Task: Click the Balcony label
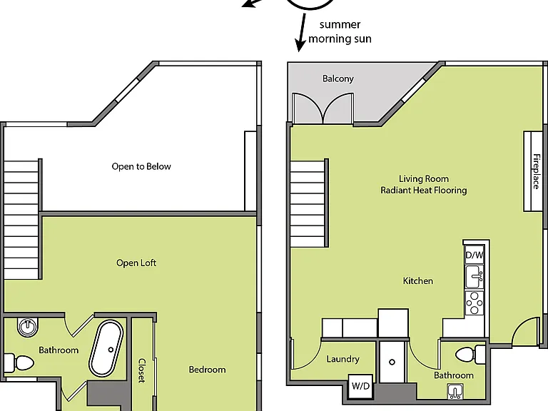tap(338, 78)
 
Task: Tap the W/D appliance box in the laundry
tap(360, 386)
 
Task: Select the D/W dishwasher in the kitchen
tap(475, 255)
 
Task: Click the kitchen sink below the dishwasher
tap(475, 277)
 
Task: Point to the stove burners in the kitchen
tap(475, 303)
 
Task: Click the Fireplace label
tap(536, 171)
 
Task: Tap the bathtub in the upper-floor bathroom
tap(106, 348)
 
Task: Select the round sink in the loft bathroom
tap(28, 328)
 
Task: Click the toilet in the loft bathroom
tap(19, 362)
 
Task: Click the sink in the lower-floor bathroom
tap(455, 392)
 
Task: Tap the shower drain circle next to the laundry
tap(392, 362)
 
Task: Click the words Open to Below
tap(141, 166)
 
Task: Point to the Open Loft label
tap(136, 263)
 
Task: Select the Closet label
tap(141, 370)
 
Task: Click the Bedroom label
tap(207, 370)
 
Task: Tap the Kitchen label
tap(418, 280)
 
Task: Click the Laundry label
tap(342, 360)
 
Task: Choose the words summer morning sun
tap(340, 31)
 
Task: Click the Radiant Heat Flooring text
tap(424, 190)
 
